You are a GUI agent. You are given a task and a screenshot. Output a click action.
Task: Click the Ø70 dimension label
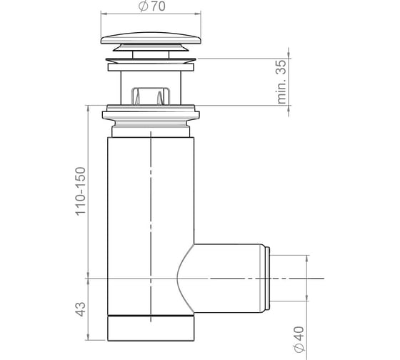[151, 6]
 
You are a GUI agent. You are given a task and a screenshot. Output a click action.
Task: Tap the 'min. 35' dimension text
[281, 81]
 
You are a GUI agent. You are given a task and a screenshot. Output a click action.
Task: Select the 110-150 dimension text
[81, 191]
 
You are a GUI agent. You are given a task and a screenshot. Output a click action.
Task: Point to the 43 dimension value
[81, 309]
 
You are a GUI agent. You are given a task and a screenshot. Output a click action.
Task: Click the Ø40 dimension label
[299, 339]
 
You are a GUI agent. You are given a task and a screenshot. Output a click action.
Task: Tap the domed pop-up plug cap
[151, 38]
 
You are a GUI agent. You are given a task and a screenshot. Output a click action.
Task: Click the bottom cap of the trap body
[151, 328]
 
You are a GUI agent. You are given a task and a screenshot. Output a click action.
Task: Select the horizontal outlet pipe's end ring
[267, 278]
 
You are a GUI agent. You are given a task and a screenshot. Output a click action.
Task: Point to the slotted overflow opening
[151, 96]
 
